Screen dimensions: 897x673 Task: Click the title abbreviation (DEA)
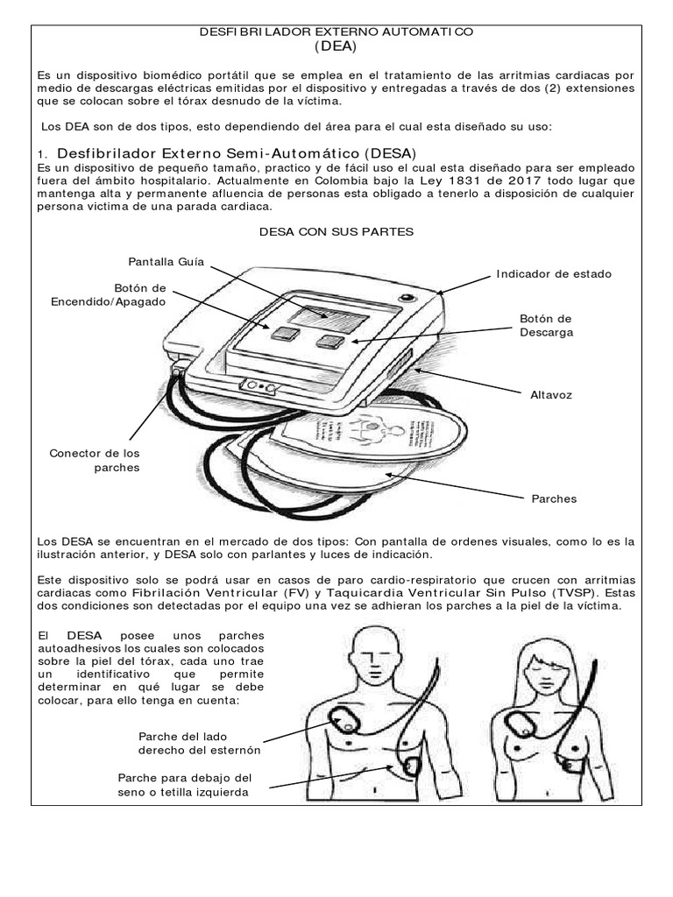(x=336, y=46)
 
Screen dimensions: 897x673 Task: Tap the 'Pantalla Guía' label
(x=166, y=261)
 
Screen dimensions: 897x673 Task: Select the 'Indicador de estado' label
(x=554, y=274)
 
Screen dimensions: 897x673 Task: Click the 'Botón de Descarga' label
(x=546, y=326)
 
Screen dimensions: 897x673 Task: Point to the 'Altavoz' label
(x=550, y=395)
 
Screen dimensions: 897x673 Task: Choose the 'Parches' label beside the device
(x=554, y=498)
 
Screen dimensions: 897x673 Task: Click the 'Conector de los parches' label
(x=95, y=460)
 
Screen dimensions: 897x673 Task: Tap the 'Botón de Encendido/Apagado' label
(x=109, y=294)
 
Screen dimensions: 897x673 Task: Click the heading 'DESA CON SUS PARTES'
(x=336, y=232)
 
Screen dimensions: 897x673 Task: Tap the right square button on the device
(x=329, y=341)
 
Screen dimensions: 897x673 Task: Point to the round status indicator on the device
(x=406, y=299)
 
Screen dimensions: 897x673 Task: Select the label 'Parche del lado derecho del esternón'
(x=200, y=743)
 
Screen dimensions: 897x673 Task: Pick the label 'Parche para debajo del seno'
(x=185, y=785)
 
